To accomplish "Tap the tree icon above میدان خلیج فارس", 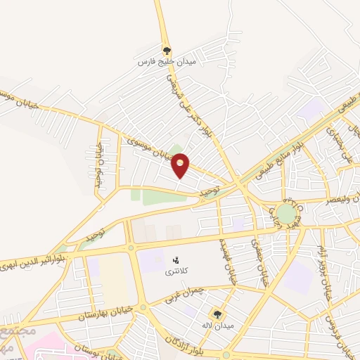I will [x=167, y=51].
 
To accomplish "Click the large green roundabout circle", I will [x=286, y=213].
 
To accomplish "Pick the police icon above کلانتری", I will [x=176, y=260].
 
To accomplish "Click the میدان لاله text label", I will [x=217, y=325].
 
